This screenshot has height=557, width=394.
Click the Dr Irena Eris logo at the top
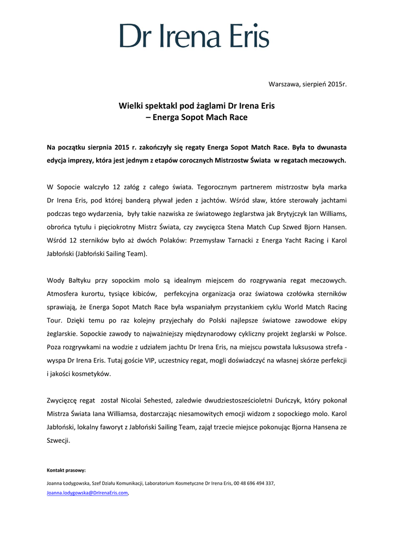click(195, 35)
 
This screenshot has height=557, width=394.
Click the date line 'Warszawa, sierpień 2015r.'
click(308, 84)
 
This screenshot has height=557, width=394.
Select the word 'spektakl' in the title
click(162, 106)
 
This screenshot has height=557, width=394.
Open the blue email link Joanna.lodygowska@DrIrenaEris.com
click(87, 493)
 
